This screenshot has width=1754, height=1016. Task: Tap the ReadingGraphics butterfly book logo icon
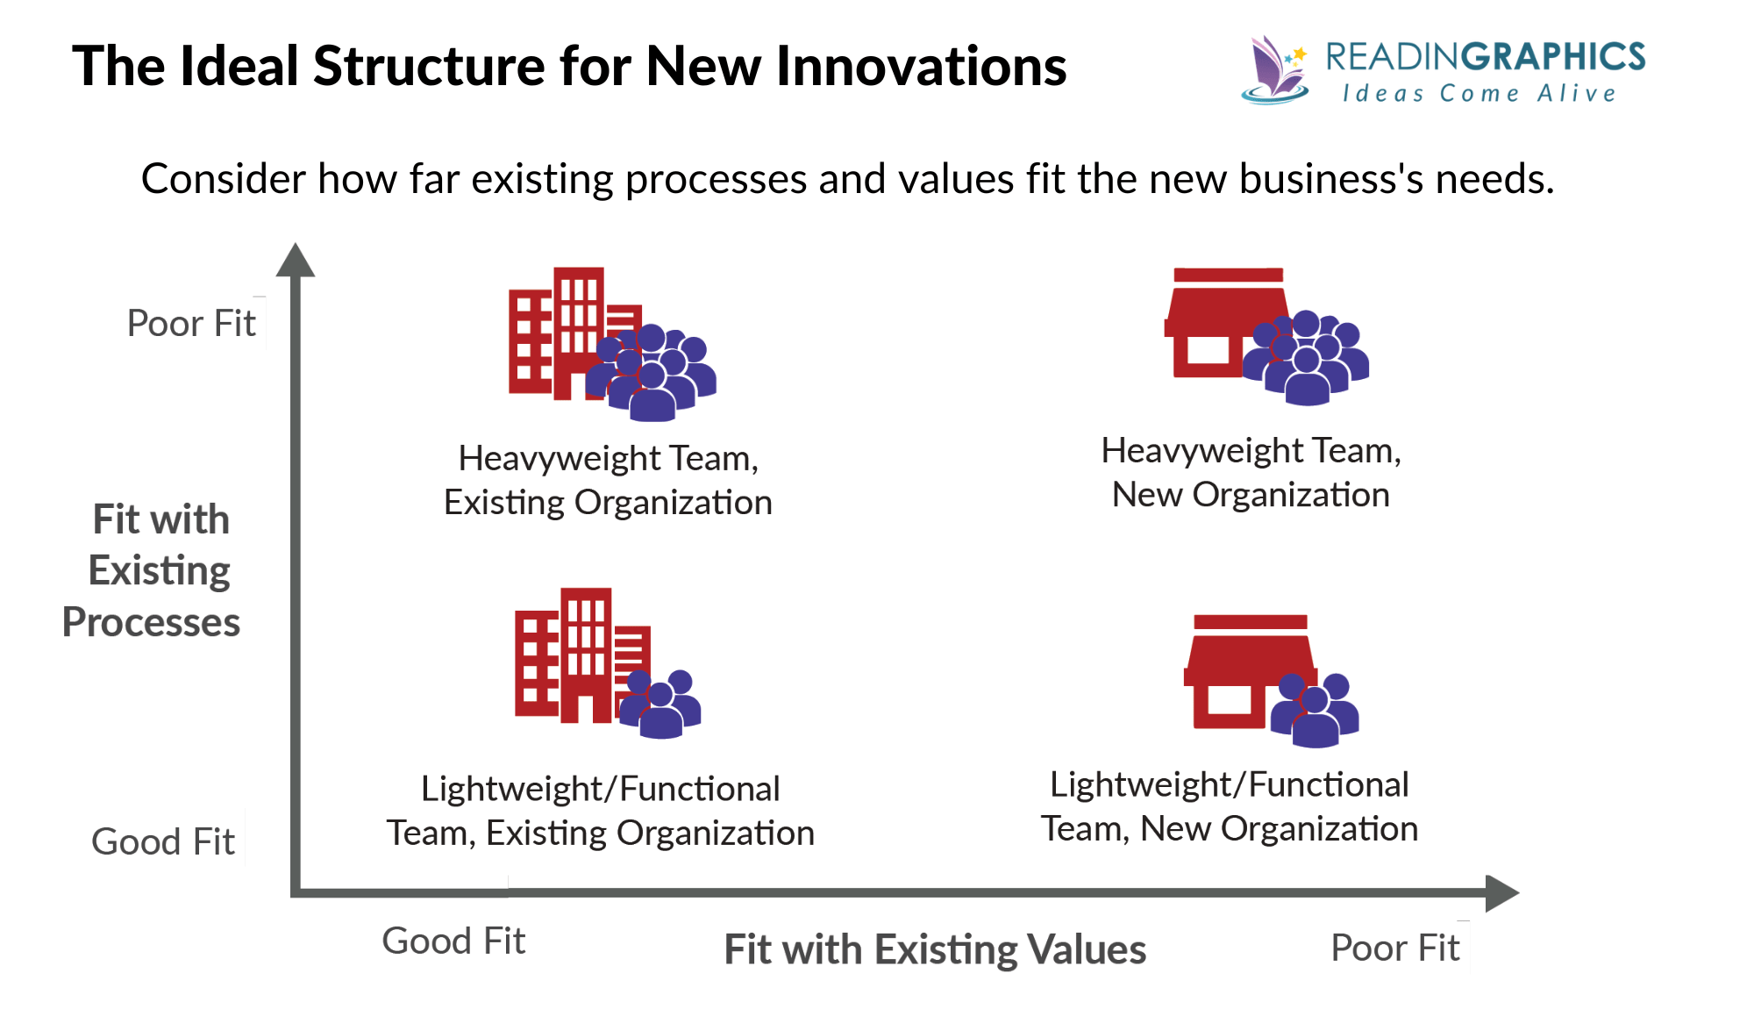1274,70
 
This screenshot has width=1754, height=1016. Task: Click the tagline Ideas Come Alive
1479,93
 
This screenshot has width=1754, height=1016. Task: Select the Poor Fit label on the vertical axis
191,323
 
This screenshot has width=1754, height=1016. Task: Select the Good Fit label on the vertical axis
163,841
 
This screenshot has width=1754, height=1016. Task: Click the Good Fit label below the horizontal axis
453,941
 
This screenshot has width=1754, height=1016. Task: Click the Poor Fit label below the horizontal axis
1394,948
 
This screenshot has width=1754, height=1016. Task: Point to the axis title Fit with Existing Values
935,949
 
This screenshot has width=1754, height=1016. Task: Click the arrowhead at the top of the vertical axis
296,261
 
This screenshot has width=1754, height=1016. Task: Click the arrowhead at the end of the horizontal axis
1501,892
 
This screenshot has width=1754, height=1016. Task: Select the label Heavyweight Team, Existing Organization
608,480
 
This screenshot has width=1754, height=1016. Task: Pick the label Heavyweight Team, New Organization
1251,472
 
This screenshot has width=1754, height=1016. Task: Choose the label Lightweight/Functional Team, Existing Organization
601,810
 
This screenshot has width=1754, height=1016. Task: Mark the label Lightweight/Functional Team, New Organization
1230,805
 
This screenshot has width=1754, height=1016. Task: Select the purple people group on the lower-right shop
1315,709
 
